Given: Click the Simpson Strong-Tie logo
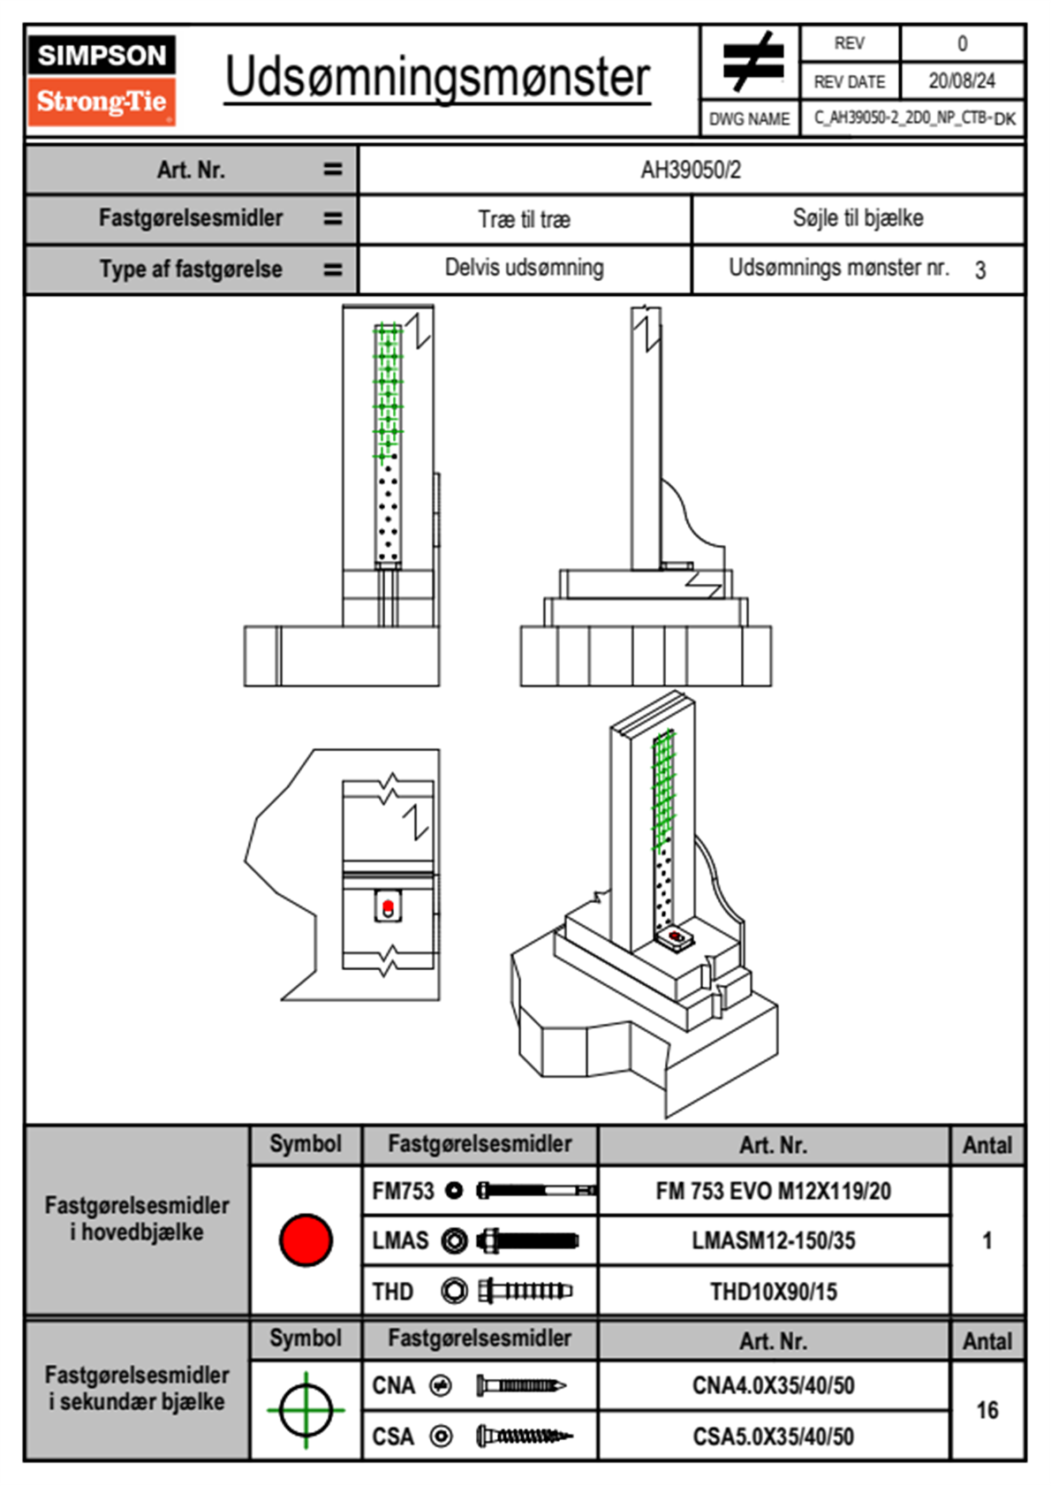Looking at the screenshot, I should (x=101, y=80).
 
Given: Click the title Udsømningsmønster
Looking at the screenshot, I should (x=437, y=78).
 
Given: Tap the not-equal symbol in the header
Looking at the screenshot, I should (x=752, y=62).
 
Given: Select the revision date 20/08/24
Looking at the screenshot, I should (x=961, y=81).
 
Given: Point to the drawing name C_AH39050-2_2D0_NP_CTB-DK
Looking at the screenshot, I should (x=914, y=118).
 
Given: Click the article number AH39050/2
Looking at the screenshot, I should (x=691, y=170).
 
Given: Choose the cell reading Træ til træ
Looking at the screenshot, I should (x=525, y=219).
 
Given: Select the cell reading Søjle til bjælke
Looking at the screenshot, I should (x=858, y=218).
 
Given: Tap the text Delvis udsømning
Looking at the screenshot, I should (x=525, y=268).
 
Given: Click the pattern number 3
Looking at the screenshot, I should (x=979, y=270).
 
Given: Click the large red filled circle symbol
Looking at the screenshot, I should (x=306, y=1240).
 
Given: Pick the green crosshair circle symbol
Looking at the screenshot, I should (x=306, y=1410).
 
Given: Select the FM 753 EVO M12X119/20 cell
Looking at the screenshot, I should (x=773, y=1191).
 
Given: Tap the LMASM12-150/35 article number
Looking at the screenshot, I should (x=773, y=1240).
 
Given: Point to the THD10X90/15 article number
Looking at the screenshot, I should (x=773, y=1292).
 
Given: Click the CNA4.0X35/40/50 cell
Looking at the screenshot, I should (x=773, y=1385).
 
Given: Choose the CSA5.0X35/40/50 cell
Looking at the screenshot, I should (x=773, y=1437).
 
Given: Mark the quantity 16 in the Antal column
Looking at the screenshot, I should (x=987, y=1410).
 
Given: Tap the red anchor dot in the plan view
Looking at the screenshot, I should (x=388, y=905).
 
